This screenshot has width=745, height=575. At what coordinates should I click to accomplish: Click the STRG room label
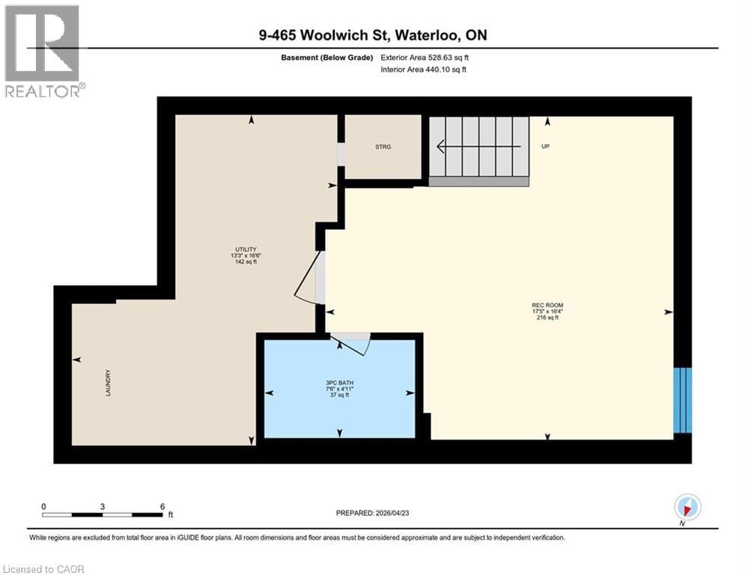pos(383,147)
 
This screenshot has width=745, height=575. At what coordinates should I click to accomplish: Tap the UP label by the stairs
pos(545,147)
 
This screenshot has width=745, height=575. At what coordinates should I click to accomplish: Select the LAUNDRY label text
pos(109,383)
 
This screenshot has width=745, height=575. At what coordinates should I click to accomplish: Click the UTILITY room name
pos(246,249)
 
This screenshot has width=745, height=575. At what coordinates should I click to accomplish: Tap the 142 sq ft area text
pos(246,262)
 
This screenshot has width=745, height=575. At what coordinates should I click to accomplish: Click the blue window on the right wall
pos(682,400)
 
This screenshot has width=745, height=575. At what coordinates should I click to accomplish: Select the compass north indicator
pos(687,508)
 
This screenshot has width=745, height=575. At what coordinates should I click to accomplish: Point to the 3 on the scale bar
pos(102,506)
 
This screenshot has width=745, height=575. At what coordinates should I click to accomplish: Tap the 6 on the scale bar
pos(162,506)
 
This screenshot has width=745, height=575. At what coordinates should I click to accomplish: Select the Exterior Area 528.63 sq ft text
pos(425,58)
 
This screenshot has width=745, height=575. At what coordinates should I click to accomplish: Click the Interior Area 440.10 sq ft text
pos(424,70)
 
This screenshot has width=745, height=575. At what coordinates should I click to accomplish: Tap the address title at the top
pos(372,34)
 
